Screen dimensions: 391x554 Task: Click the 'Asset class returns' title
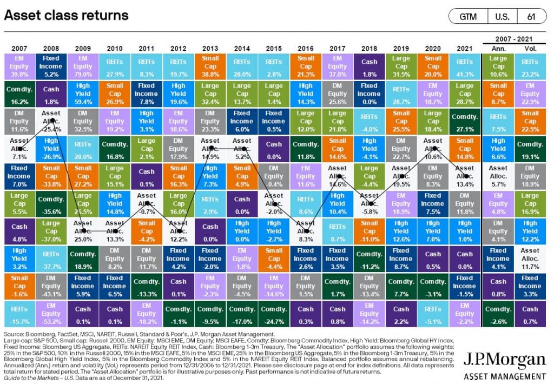pyautogui.click(x=67, y=15)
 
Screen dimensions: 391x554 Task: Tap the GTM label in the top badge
pyautogui.click(x=468, y=16)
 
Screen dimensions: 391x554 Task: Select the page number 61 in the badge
pyautogui.click(x=531, y=16)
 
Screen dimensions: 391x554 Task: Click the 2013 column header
pyautogui.click(x=210, y=47)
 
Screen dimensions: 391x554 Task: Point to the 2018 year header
pyautogui.click(x=369, y=47)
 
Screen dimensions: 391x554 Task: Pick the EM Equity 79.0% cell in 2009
pyautogui.click(x=82, y=66)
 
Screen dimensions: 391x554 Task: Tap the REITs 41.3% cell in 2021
pyautogui.click(x=464, y=66)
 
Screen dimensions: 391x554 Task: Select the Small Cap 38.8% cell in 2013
pyautogui.click(x=210, y=66)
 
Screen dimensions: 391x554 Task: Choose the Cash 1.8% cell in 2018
pyautogui.click(x=369, y=66)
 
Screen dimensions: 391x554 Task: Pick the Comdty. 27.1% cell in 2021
pyautogui.click(x=464, y=121)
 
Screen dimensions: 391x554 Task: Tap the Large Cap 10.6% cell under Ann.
pyautogui.click(x=498, y=66)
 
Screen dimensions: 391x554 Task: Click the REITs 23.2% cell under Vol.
pyautogui.click(x=530, y=66)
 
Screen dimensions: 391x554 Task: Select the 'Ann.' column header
pyautogui.click(x=498, y=47)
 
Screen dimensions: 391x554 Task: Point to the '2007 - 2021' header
pyautogui.click(x=514, y=38)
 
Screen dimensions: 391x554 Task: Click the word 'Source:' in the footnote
pyautogui.click(x=15, y=336)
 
